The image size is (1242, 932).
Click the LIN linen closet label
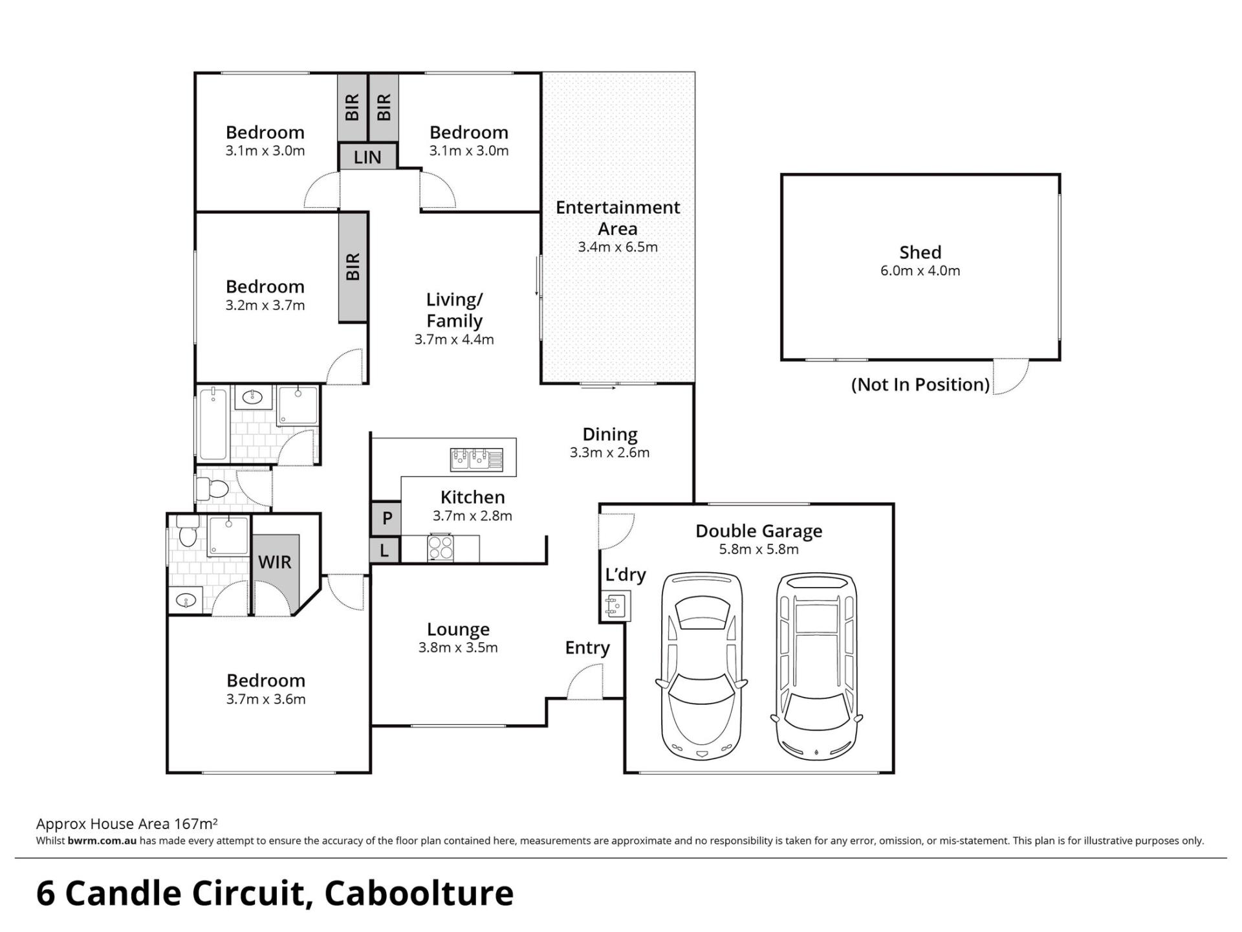(367, 157)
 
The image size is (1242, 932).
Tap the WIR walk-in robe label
(275, 562)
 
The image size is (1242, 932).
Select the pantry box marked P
(386, 518)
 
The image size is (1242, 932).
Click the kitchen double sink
(476, 459)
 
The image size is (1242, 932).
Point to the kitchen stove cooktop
(441, 548)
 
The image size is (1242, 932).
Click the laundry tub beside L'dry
(615, 606)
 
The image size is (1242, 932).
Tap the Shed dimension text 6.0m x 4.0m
(920, 271)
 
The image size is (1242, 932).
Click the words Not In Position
(920, 384)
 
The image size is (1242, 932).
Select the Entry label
(587, 648)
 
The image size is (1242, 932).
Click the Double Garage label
(759, 531)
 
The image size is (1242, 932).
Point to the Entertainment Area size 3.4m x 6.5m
(618, 247)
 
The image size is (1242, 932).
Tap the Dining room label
(610, 434)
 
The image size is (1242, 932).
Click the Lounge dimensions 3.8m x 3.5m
(458, 647)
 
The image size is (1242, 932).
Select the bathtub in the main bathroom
(213, 424)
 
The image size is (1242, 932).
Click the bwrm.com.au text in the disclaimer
(102, 841)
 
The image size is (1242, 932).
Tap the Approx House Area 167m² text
(127, 824)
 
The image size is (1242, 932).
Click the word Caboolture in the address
(419, 893)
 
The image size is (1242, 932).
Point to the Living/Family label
(454, 310)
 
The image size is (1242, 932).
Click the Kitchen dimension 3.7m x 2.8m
(472, 516)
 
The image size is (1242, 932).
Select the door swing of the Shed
(1010, 377)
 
